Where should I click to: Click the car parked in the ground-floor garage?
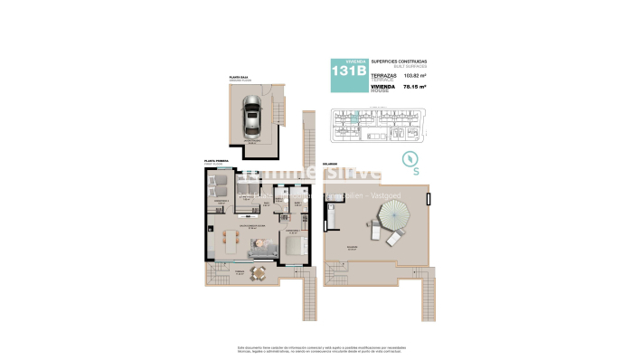(x=250, y=118)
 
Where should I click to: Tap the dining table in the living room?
(x=228, y=240)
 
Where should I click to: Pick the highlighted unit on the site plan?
(x=355, y=118)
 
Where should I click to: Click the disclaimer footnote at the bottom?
(x=320, y=349)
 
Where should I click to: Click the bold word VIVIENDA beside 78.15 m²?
(x=383, y=86)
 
